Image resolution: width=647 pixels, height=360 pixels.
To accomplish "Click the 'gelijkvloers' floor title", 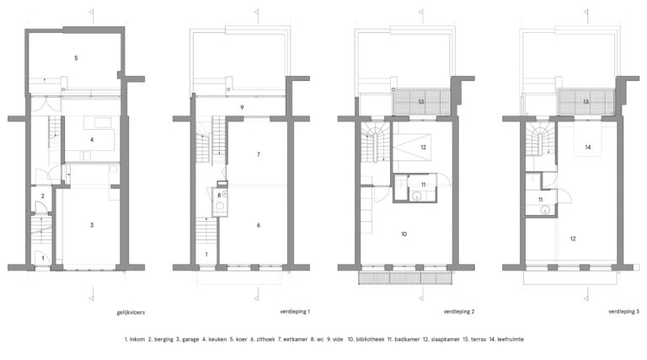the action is pyautogui.click(x=131, y=313).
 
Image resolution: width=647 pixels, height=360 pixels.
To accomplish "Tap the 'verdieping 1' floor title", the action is pyautogui.click(x=295, y=312).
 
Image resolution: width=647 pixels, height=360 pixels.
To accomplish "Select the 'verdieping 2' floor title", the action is pyautogui.click(x=459, y=312).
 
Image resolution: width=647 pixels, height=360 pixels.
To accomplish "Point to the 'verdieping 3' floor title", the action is pyautogui.click(x=623, y=312).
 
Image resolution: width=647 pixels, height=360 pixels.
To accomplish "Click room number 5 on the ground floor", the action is pyautogui.click(x=76, y=58).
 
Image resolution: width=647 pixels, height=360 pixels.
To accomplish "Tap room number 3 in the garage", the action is pyautogui.click(x=92, y=225).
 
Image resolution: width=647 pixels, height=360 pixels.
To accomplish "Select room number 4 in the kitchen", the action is pyautogui.click(x=92, y=140).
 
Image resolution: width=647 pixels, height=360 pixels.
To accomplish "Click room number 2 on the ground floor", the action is pyautogui.click(x=42, y=196).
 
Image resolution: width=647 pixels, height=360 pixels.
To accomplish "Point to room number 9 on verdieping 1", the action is pyautogui.click(x=242, y=107).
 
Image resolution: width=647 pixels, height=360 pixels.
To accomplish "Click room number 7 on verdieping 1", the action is pyautogui.click(x=259, y=154).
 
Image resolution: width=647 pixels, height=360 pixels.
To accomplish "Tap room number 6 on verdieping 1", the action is pyautogui.click(x=259, y=225).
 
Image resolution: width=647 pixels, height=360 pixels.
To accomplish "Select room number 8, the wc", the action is pyautogui.click(x=219, y=196).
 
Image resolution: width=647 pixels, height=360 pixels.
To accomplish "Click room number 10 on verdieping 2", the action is pyautogui.click(x=404, y=234).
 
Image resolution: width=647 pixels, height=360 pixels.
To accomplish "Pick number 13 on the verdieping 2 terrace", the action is pyautogui.click(x=421, y=101).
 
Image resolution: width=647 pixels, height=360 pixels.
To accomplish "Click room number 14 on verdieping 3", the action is pyautogui.click(x=588, y=147).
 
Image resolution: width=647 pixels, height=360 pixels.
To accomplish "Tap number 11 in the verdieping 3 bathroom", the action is pyautogui.click(x=541, y=200).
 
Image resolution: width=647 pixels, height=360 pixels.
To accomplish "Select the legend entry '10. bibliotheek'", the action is pyautogui.click(x=366, y=340).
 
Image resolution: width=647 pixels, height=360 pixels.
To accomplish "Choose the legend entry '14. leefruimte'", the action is pyautogui.click(x=506, y=340).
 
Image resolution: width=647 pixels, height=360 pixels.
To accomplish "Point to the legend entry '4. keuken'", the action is pyautogui.click(x=214, y=340).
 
